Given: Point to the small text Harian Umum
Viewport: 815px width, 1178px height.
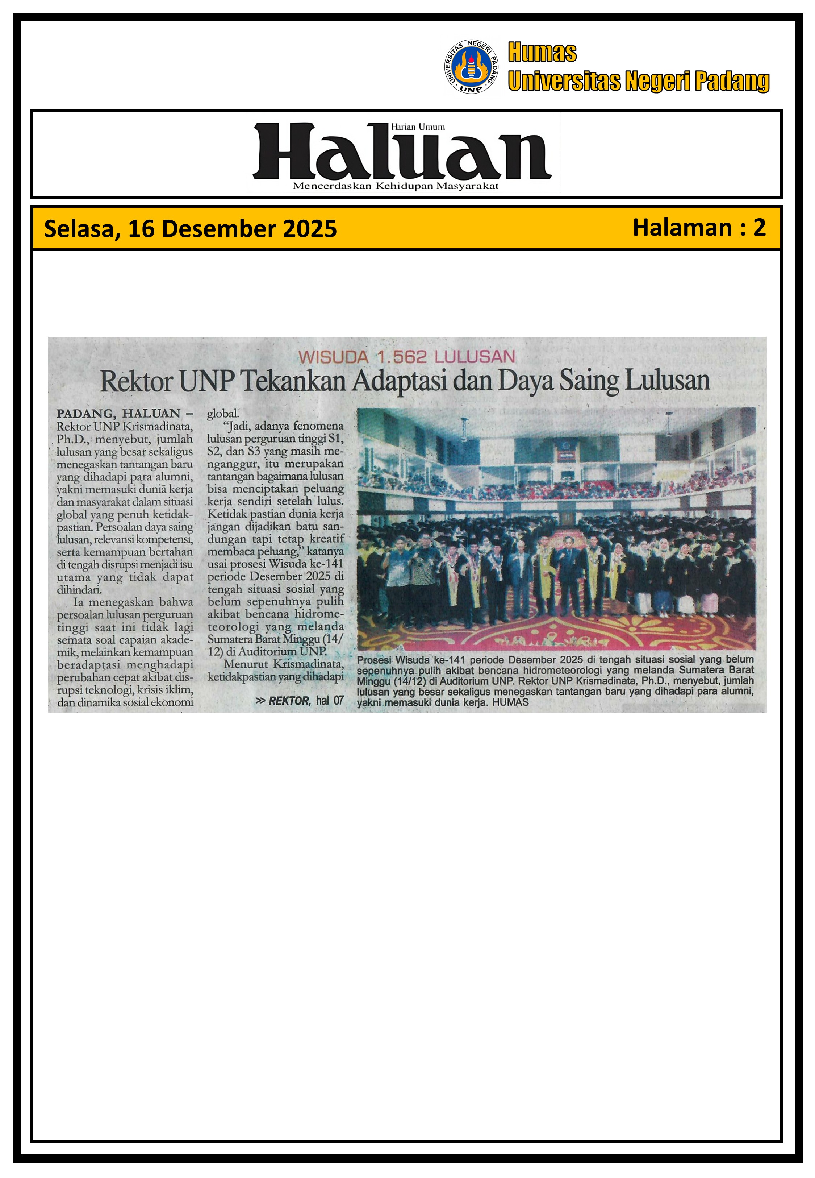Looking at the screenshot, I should tap(417, 127).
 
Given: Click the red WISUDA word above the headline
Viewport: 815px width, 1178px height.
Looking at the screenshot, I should tap(333, 357).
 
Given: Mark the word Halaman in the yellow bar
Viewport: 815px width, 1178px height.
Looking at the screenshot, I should tap(682, 227).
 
